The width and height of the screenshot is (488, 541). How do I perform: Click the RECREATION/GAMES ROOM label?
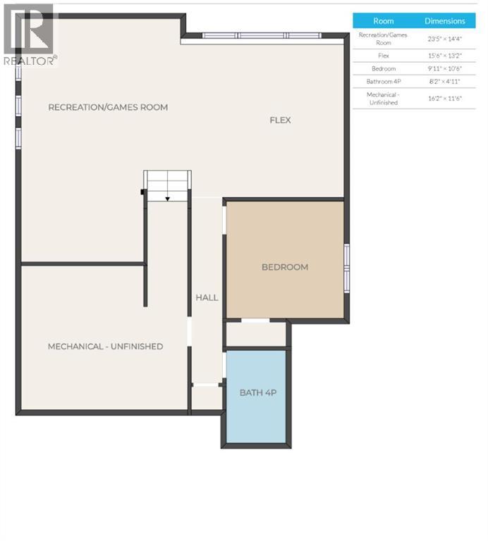[x=108, y=107]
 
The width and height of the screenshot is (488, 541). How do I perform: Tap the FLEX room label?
[x=280, y=120]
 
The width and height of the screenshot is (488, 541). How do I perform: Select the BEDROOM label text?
[x=285, y=267]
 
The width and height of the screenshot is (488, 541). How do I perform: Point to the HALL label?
[x=207, y=297]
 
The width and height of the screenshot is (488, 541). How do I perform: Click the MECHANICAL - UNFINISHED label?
[x=105, y=346]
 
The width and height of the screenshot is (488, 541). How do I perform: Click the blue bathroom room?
[x=256, y=416]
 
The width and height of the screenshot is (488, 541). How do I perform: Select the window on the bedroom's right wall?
[x=346, y=267]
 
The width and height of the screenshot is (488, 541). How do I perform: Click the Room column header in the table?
[x=383, y=21]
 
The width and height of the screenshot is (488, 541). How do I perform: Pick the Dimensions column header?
[x=444, y=21]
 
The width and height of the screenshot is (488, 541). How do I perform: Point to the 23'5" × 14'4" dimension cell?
[x=444, y=39]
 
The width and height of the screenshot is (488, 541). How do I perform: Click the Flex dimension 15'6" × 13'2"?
[x=444, y=55]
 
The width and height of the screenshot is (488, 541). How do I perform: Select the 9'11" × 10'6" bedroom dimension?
[x=444, y=68]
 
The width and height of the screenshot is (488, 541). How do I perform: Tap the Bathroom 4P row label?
[x=383, y=82]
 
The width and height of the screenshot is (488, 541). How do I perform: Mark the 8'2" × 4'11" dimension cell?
[x=444, y=82]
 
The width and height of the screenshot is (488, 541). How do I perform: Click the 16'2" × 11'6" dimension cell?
[x=444, y=98]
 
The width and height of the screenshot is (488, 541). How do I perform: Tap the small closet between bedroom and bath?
[x=255, y=334]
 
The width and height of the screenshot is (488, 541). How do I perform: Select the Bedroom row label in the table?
[x=383, y=68]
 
